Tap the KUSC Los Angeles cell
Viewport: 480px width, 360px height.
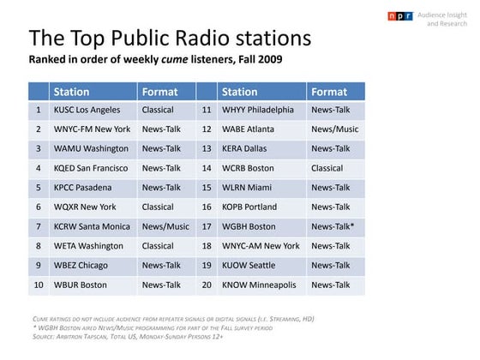click(87, 111)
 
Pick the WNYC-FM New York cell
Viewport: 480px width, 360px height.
click(92, 129)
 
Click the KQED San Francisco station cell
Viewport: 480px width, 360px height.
click(90, 168)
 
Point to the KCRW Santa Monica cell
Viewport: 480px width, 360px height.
click(92, 226)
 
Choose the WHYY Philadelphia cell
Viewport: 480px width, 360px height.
click(257, 111)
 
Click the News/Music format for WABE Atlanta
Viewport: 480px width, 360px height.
click(334, 129)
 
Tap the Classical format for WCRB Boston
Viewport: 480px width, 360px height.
click(327, 168)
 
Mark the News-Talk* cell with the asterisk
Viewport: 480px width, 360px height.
click(333, 226)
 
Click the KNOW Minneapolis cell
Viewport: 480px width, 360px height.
click(259, 285)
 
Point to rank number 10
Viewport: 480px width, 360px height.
click(39, 285)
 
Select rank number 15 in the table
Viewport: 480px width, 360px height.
click(207, 188)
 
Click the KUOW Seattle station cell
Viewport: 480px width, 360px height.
click(249, 266)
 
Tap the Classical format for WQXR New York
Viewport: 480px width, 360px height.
click(159, 207)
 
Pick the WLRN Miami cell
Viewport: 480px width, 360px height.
click(247, 188)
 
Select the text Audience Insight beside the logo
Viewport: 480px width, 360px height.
click(445, 15)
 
